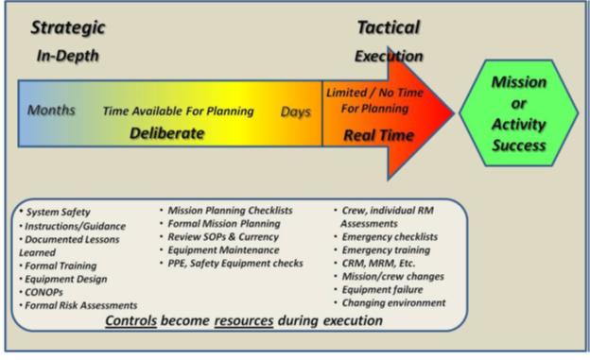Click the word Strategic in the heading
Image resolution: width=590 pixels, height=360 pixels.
[x=68, y=27]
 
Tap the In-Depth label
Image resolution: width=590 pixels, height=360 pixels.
[x=67, y=56]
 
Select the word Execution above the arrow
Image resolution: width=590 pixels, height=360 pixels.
[x=388, y=57]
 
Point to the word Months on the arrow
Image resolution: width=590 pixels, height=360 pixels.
[x=52, y=111]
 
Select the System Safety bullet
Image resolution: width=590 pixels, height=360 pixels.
[x=59, y=213]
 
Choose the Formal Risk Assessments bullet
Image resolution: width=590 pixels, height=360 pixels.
[x=81, y=305]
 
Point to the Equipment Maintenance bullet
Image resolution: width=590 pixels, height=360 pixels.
[x=223, y=249]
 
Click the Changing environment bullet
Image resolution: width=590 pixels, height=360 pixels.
[x=392, y=302]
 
